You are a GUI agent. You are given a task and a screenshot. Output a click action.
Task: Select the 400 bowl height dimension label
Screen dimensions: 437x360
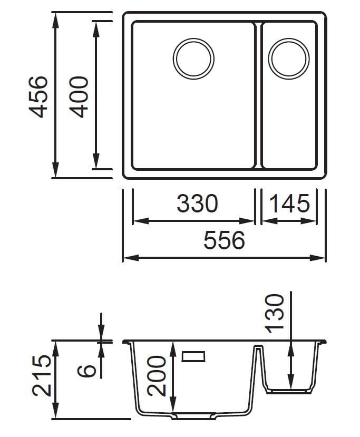(79, 96)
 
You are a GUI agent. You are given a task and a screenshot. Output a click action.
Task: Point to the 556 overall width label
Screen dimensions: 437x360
(225, 241)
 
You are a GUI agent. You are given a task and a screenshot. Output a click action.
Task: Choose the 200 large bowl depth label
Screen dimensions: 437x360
(157, 375)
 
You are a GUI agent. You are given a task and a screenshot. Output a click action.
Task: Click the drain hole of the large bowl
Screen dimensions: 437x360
(193, 59)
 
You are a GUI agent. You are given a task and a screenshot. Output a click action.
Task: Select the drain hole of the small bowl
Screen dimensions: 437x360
(289, 59)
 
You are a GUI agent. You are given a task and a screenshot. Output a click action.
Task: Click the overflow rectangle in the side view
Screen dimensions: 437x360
(193, 356)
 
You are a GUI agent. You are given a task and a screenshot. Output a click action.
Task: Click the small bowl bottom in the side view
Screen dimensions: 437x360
(290, 391)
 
